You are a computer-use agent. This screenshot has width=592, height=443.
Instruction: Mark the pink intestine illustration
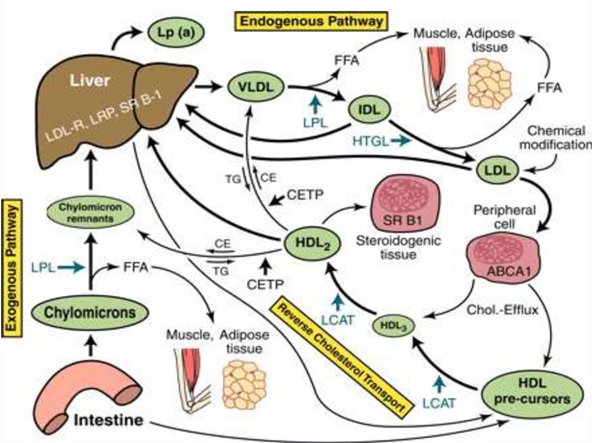click(92, 387)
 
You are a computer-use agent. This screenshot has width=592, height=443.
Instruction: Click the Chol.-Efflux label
click(509, 310)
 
